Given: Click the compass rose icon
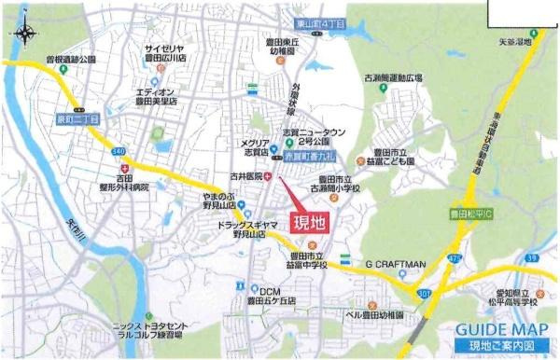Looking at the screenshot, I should (25, 35).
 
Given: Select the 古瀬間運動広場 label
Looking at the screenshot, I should (393, 78).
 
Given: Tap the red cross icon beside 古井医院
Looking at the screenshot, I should (269, 174).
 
